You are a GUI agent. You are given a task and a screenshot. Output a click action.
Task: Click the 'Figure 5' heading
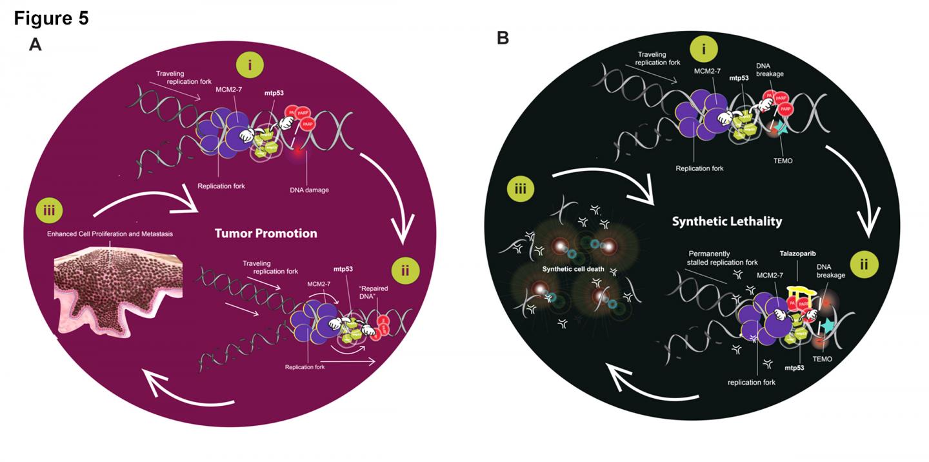(x=51, y=19)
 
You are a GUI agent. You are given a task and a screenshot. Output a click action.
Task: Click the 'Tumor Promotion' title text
(x=266, y=233)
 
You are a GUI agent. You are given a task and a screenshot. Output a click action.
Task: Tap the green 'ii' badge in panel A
(x=405, y=271)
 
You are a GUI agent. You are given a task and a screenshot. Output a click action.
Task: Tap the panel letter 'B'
(x=503, y=39)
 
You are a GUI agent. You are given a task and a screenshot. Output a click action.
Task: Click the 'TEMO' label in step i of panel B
(x=781, y=161)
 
